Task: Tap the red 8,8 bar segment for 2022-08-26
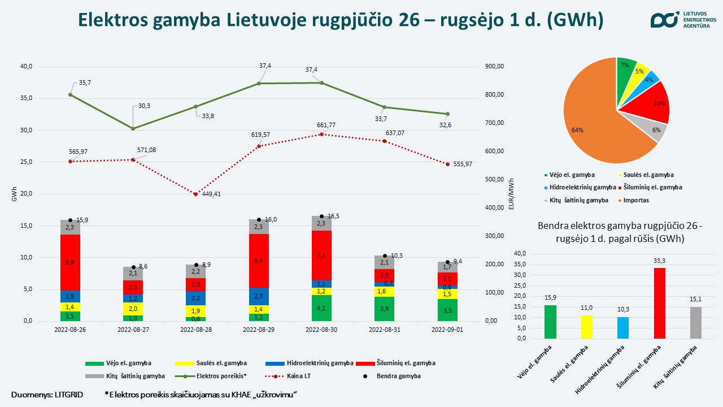tap(70, 262)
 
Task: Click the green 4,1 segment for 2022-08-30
tap(321, 308)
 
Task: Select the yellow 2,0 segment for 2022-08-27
tap(133, 309)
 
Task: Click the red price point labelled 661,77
tap(322, 135)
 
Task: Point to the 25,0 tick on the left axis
tap(27, 162)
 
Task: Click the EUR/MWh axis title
tap(511, 194)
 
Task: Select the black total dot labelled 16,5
tap(321, 217)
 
